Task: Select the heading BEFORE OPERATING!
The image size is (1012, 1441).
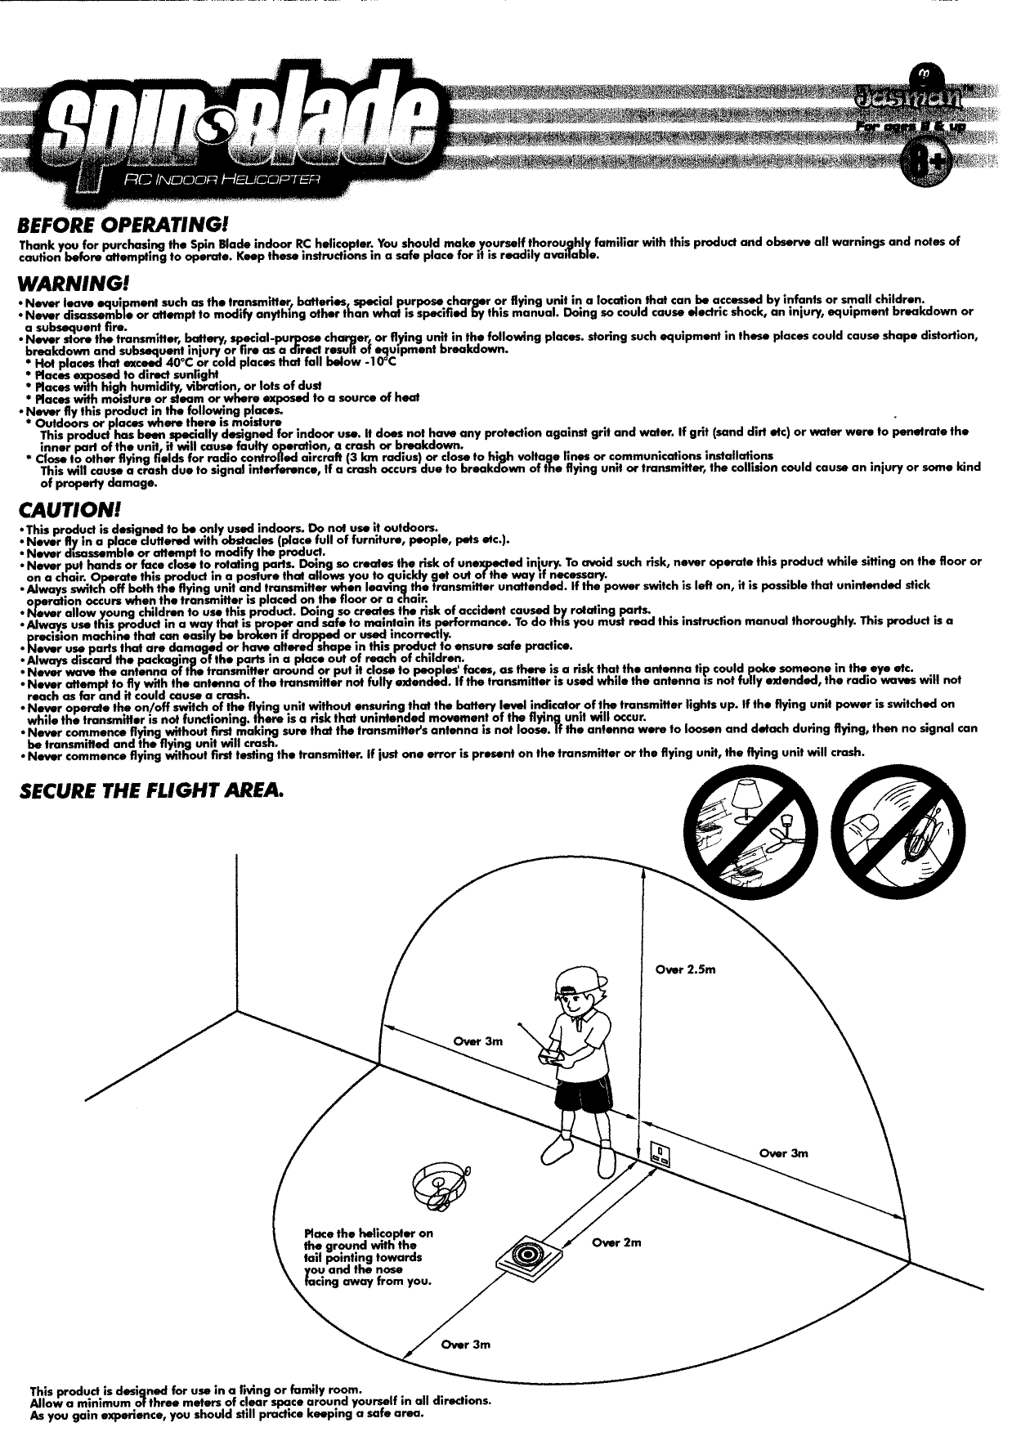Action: click(x=123, y=223)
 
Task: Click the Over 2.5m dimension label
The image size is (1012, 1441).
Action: click(x=686, y=969)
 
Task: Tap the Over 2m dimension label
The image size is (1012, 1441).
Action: click(x=616, y=1242)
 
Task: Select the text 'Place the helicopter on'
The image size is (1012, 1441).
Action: click(x=368, y=1233)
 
